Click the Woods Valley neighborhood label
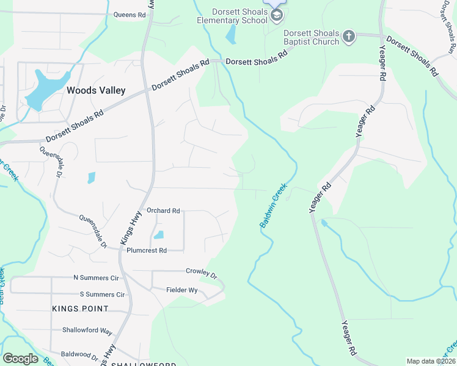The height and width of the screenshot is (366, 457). click(96, 90)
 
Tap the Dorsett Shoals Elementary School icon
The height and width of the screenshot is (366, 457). click(277, 15)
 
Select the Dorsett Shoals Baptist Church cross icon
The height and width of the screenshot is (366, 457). click(349, 37)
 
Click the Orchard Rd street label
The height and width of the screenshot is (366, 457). click(163, 210)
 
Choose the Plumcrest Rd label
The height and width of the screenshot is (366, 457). click(147, 251)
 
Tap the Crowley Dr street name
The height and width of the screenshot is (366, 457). click(202, 272)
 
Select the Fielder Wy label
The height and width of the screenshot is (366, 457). click(182, 290)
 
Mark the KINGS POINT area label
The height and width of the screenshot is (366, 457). click(80, 309)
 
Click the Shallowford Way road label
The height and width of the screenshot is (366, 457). click(87, 331)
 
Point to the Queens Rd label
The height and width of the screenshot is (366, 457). click(130, 15)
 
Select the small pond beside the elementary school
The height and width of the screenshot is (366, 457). click(231, 35)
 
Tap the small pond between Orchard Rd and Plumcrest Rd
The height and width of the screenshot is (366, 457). click(159, 235)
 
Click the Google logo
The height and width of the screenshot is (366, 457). click(20, 359)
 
